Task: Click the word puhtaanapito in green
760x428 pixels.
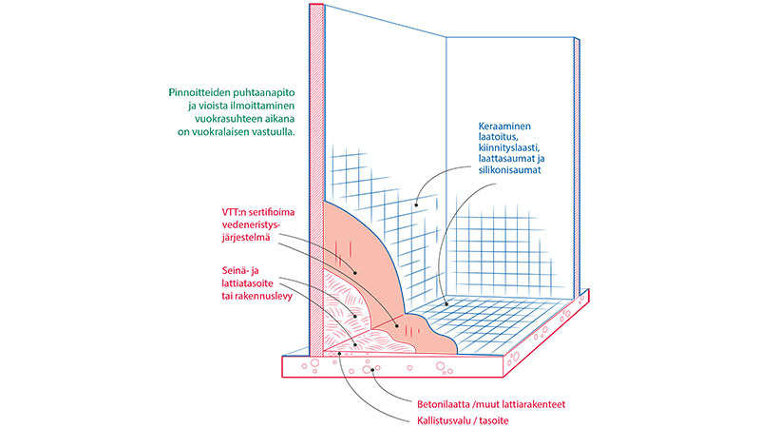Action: pyautogui.click(x=260, y=92)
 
